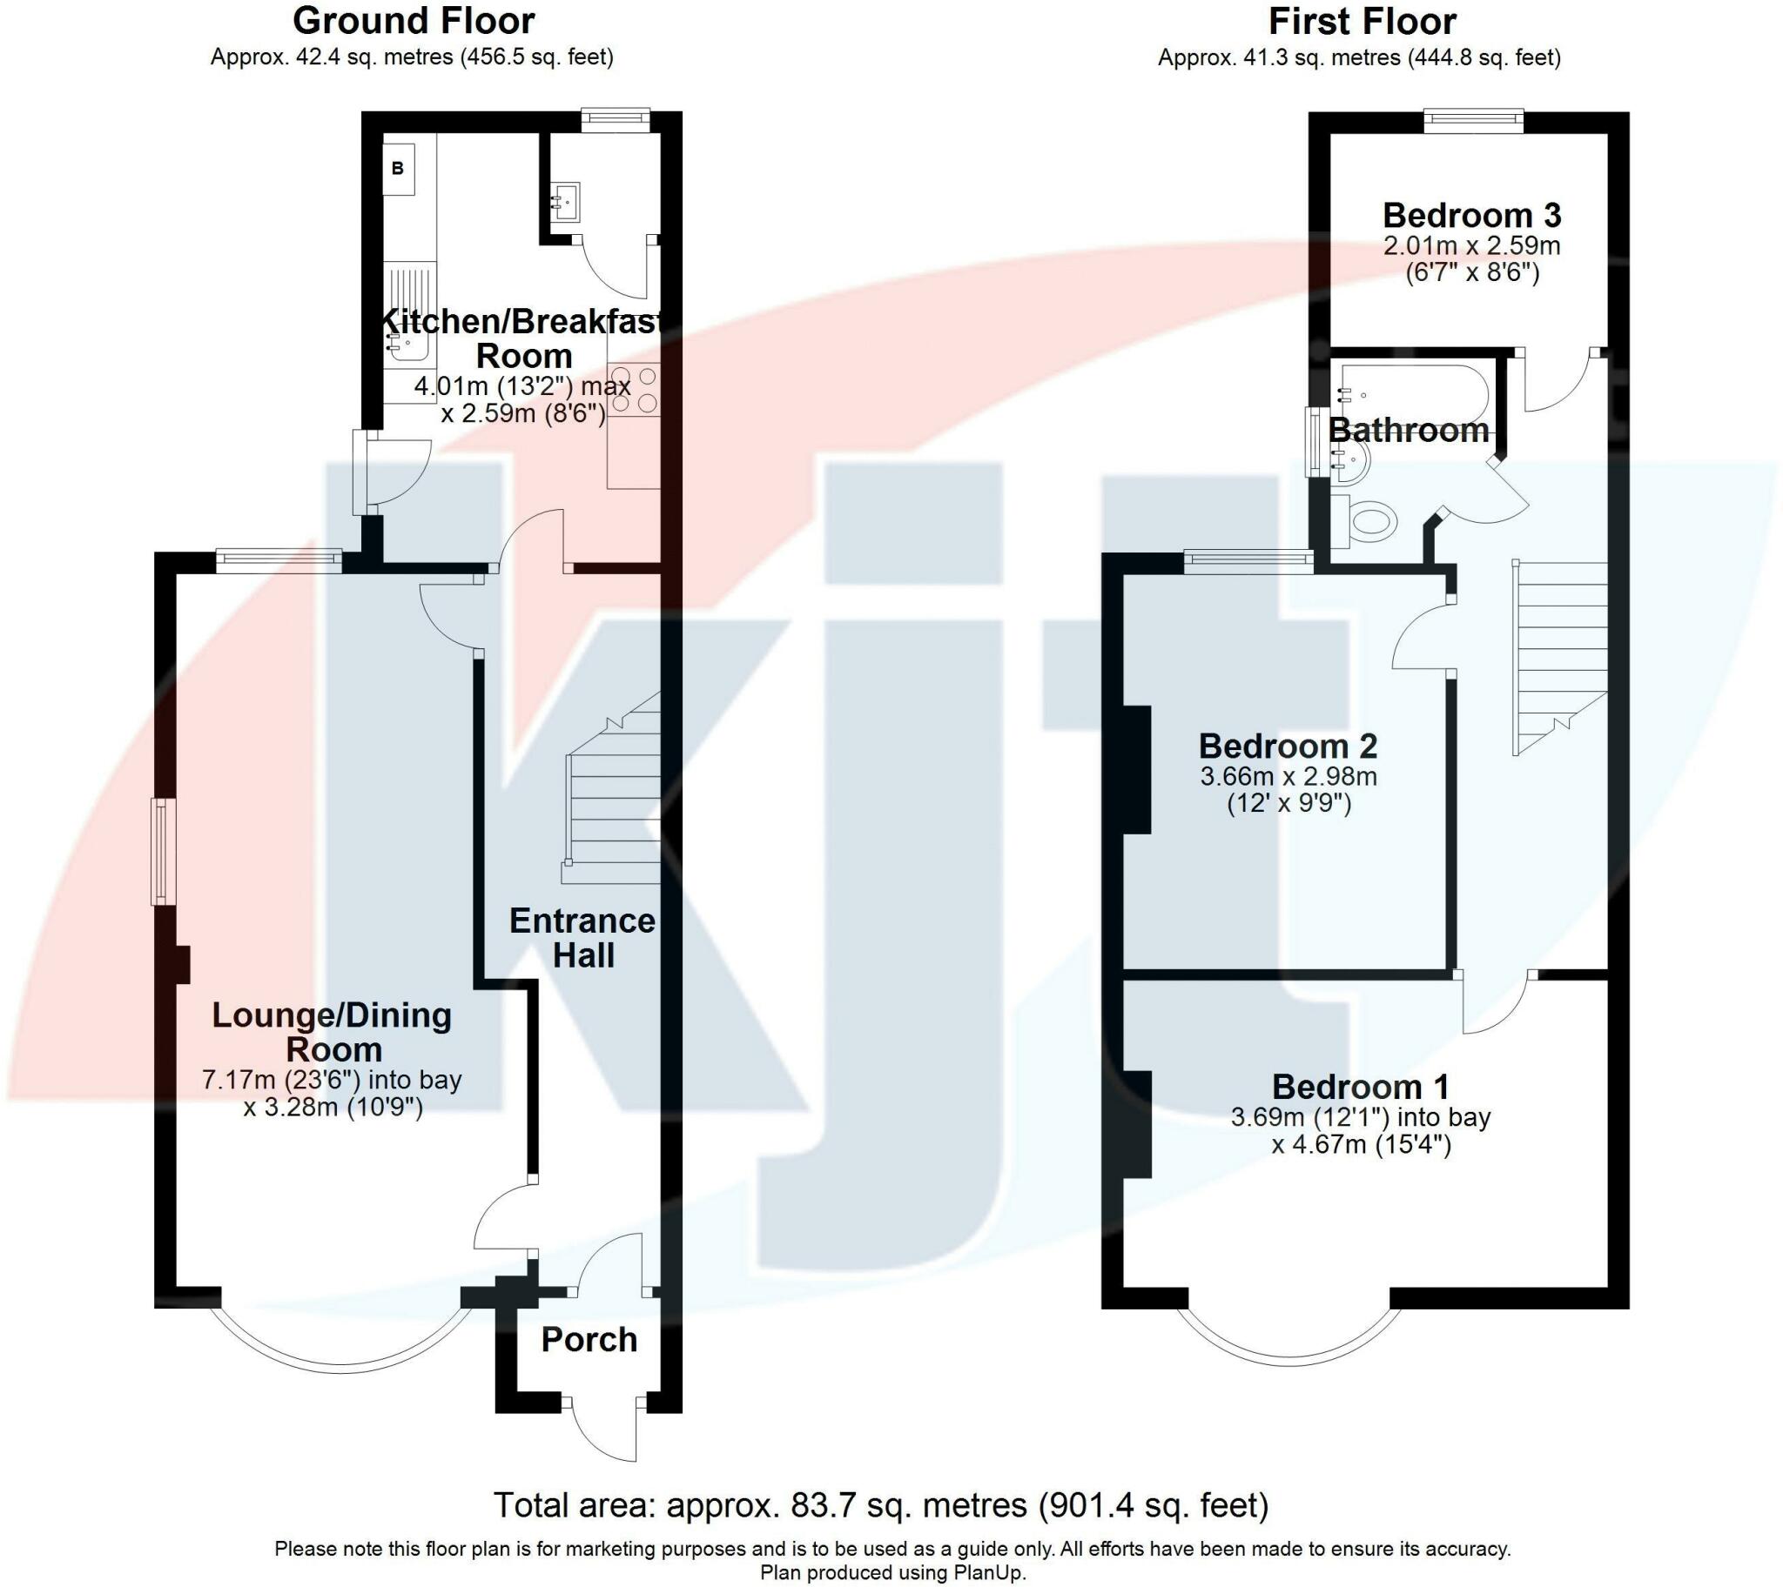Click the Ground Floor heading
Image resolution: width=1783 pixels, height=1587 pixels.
click(414, 21)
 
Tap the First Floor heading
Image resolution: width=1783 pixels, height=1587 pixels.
click(1362, 21)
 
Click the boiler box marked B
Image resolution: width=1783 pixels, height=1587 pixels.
click(398, 168)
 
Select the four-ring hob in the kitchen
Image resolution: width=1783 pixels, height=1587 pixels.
click(634, 390)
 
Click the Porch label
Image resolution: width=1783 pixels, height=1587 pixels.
click(589, 1340)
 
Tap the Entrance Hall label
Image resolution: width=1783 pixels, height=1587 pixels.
click(582, 938)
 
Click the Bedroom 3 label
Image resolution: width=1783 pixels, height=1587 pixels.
click(1471, 216)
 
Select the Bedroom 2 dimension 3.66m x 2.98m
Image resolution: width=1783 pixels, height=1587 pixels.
click(1288, 776)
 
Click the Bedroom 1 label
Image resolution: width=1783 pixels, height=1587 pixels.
click(1361, 1088)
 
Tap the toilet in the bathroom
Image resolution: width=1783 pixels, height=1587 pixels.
click(1367, 521)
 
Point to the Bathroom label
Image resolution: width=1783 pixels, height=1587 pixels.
click(1408, 431)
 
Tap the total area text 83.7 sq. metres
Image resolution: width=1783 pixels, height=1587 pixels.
click(880, 1506)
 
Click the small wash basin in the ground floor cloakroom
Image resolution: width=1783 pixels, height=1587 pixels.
click(564, 204)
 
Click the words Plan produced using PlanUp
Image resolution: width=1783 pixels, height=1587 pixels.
click(892, 1573)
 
